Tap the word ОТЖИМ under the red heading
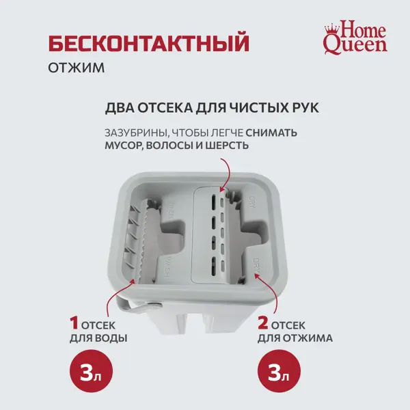pyautogui.click(x=77, y=68)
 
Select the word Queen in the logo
pyautogui.click(x=355, y=46)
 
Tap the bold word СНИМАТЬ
pyautogui.click(x=271, y=133)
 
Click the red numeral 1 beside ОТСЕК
pyautogui.click(x=74, y=323)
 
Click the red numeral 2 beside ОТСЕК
pyautogui.click(x=263, y=323)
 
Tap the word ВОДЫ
pyautogui.click(x=111, y=338)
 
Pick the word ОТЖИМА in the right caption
pyautogui.click(x=310, y=338)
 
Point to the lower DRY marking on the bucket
pyautogui.click(x=256, y=266)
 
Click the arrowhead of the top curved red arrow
pyautogui.click(x=221, y=189)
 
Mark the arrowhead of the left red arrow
pyautogui.click(x=133, y=281)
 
